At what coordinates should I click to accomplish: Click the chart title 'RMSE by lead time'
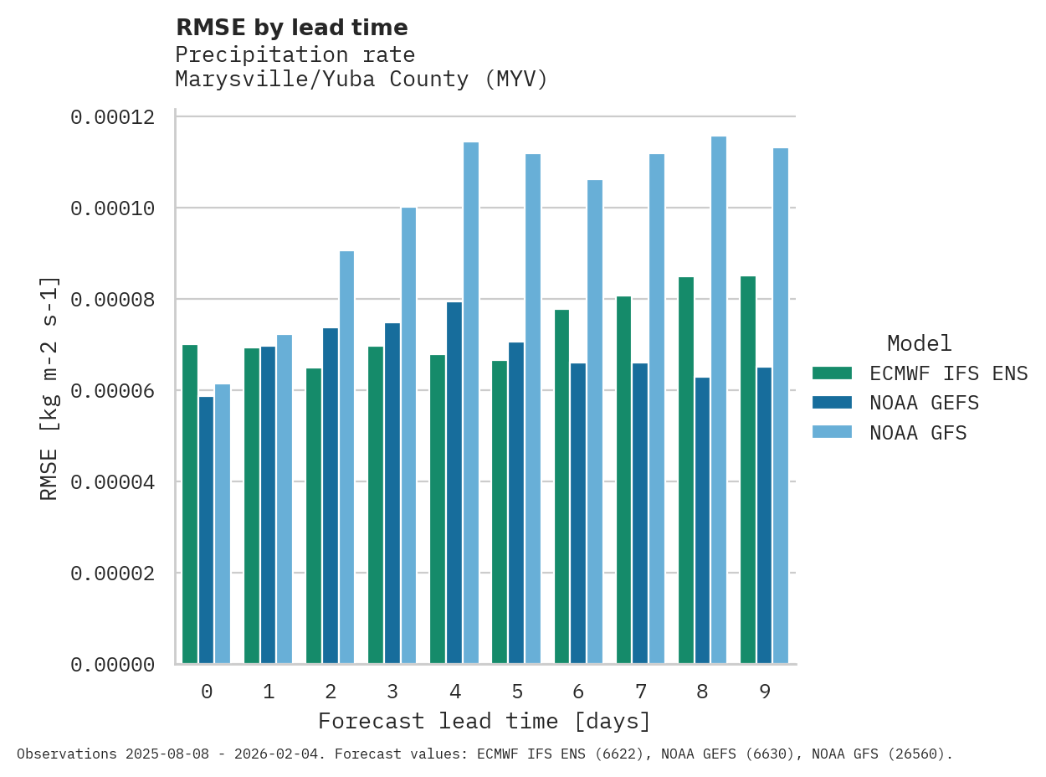coord(291,28)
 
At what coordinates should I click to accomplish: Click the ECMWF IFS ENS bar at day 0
coord(190,504)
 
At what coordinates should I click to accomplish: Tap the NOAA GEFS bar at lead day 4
coord(454,483)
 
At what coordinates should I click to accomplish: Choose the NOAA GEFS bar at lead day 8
coord(702,521)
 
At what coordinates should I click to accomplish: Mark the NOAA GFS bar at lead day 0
coord(223,524)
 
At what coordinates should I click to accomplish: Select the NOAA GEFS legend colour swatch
coord(832,403)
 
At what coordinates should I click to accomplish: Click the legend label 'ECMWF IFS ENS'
coord(948,373)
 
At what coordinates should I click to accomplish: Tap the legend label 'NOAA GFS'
coord(918,433)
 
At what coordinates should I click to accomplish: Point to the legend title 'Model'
coord(919,343)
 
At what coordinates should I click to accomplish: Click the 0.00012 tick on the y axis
coord(113,116)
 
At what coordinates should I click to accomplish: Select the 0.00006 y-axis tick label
coord(113,390)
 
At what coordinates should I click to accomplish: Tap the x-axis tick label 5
coord(517,692)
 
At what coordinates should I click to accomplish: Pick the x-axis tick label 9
coord(765,692)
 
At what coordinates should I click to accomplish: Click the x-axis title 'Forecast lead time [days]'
coord(485,721)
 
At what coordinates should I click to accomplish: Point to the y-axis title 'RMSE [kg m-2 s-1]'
coord(49,388)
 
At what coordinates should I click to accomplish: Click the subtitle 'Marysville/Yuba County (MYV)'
coord(361,80)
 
